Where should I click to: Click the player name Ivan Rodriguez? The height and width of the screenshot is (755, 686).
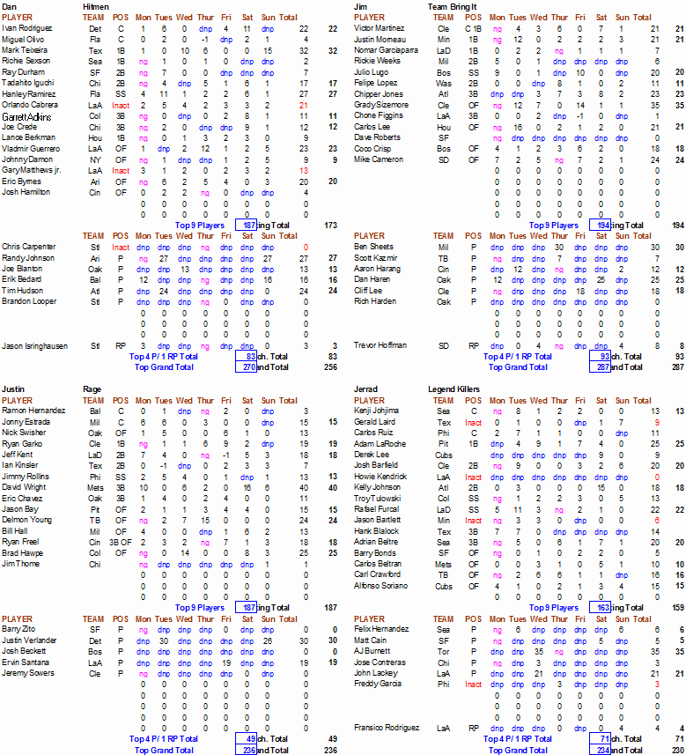point(26,28)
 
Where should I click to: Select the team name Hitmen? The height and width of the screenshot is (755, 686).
point(97,6)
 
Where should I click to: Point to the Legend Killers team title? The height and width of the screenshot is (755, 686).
point(454,389)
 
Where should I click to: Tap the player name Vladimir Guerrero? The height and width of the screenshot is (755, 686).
point(33,149)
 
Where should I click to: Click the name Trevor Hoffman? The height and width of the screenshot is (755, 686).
point(381,345)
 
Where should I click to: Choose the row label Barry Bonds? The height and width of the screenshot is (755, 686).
point(375,553)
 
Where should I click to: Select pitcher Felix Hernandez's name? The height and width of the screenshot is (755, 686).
point(382,630)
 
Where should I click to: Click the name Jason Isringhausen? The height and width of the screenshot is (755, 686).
point(34,345)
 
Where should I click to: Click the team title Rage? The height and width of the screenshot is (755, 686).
point(92,389)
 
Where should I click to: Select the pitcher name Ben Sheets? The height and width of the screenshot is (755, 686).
point(373,247)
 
